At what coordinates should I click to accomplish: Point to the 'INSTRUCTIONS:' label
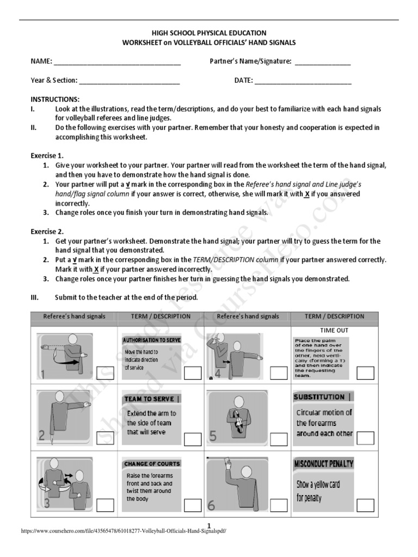click(x=55, y=100)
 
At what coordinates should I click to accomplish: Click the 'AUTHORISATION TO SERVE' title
click(x=152, y=340)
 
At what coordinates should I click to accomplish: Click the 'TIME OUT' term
click(x=334, y=330)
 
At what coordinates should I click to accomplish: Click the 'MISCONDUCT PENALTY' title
click(x=323, y=464)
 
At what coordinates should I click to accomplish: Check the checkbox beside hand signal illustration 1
click(x=105, y=373)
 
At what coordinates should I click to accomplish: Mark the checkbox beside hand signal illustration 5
click(x=279, y=439)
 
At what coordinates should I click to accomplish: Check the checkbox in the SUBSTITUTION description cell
click(x=366, y=438)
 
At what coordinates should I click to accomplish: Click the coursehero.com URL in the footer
click(x=123, y=531)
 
